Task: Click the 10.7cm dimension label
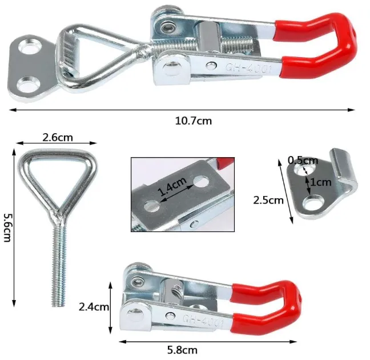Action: pos(193,121)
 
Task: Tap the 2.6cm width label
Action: pos(58,138)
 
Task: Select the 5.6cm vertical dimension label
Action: pos(7,228)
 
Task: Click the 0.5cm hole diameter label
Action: pos(303,161)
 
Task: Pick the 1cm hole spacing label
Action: pos(321,182)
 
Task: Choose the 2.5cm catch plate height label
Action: pos(268,201)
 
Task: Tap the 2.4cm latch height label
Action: pos(94,307)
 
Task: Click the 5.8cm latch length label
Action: pos(182,350)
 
